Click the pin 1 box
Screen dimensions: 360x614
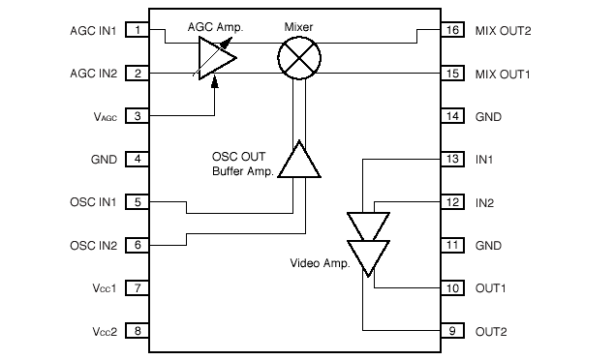pyautogui.click(x=138, y=31)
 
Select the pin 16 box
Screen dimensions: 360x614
pyautogui.click(x=451, y=31)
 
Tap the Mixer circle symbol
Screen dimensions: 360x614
pyautogui.click(x=298, y=60)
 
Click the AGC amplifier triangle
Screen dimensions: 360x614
pyautogui.click(x=215, y=62)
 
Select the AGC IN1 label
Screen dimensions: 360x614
pyautogui.click(x=95, y=31)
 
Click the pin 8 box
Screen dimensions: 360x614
pyautogui.click(x=138, y=332)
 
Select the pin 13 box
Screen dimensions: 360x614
pyautogui.click(x=451, y=160)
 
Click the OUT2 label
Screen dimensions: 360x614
pyautogui.click(x=490, y=332)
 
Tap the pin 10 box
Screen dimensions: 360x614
pyautogui.click(x=451, y=288)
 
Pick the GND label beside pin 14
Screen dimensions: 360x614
pyautogui.click(x=488, y=117)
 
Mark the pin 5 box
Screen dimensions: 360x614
pyautogui.click(x=138, y=203)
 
